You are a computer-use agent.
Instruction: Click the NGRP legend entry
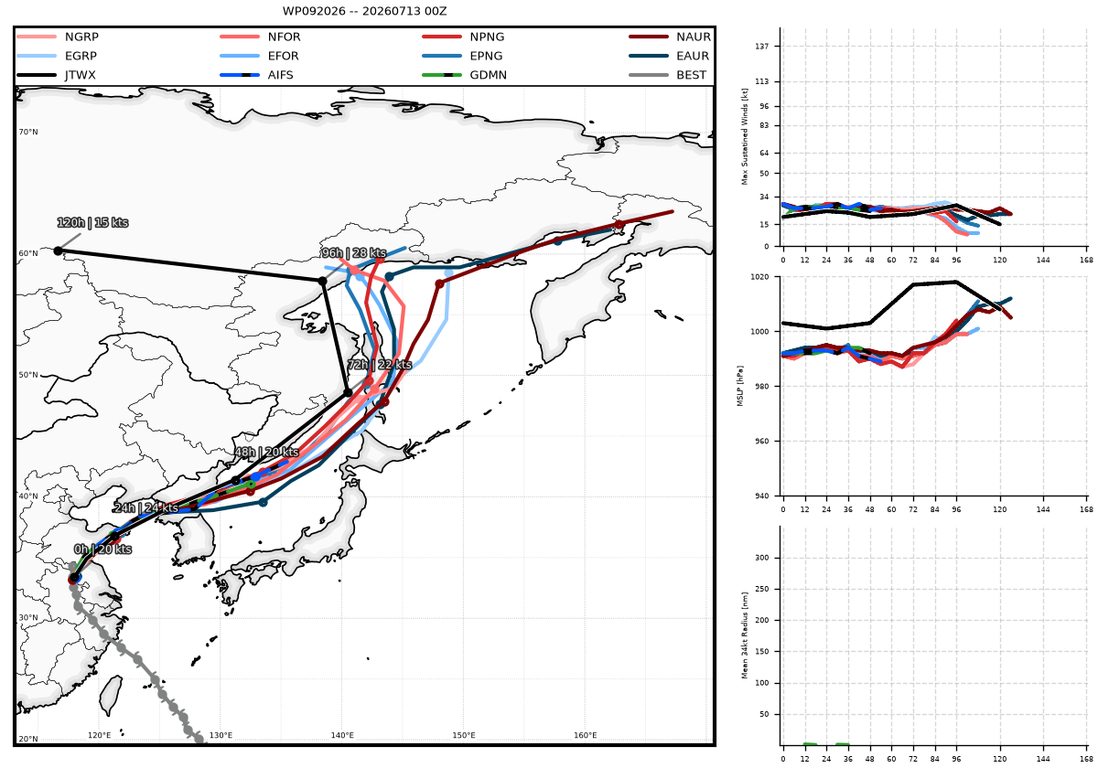(x=58, y=37)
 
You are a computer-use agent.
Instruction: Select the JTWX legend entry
(x=57, y=75)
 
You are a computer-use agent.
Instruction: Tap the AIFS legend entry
(x=256, y=75)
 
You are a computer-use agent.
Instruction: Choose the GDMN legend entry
(x=464, y=75)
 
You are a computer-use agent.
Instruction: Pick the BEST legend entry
(x=668, y=75)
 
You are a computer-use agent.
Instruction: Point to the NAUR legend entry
(x=670, y=37)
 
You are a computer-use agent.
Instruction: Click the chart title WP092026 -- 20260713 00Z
(x=364, y=11)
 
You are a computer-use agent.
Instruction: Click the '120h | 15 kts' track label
(x=92, y=223)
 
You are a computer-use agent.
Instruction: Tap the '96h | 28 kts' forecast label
(x=354, y=252)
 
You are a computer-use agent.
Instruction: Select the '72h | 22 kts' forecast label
(x=380, y=365)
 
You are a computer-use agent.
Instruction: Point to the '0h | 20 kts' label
(x=102, y=549)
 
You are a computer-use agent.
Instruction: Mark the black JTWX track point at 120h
(x=58, y=251)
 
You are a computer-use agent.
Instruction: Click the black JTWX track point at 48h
(x=236, y=481)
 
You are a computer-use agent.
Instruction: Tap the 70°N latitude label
(x=28, y=132)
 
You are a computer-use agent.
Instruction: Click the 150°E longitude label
(x=464, y=735)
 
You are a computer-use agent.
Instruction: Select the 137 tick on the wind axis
(x=762, y=46)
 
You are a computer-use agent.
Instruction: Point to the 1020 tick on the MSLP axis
(x=759, y=277)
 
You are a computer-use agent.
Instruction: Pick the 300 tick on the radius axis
(x=762, y=558)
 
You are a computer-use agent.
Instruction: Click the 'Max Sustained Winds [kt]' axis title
(x=745, y=136)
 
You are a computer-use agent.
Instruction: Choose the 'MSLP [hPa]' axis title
(x=740, y=386)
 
